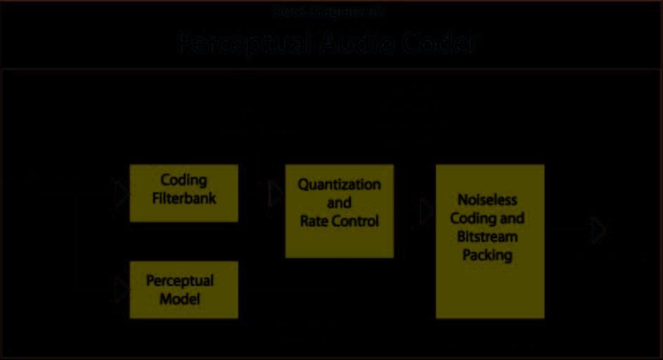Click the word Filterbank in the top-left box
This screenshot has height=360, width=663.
point(184,199)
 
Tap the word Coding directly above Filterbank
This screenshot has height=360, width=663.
point(184,181)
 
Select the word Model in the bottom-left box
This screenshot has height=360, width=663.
point(180,299)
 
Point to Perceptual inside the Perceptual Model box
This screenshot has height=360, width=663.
point(180,281)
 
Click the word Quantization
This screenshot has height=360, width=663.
point(339,184)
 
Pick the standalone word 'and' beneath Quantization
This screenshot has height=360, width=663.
point(339,202)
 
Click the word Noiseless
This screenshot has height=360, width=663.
point(487,200)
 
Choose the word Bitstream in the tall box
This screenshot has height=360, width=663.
point(487,236)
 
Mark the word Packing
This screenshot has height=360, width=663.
point(487,255)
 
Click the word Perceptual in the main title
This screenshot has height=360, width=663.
point(244,44)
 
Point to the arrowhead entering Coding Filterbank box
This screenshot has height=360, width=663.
point(122,193)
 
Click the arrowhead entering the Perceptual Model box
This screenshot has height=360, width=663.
point(122,290)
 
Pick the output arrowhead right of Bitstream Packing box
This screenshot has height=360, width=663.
point(598,231)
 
